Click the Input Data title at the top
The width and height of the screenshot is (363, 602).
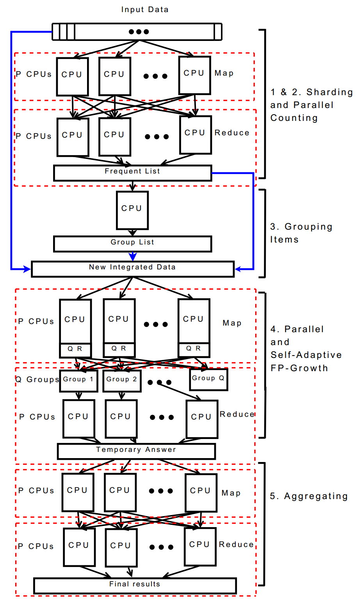[x=145, y=9]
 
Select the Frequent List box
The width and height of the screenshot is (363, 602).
[x=132, y=173]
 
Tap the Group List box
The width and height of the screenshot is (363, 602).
[x=132, y=244]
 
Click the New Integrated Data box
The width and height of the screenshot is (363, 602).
[x=132, y=269]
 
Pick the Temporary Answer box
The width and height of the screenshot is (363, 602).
[x=136, y=451]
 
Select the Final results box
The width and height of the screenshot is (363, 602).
[x=135, y=585]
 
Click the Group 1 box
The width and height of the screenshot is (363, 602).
[x=78, y=381]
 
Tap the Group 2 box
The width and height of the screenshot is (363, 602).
[x=122, y=381]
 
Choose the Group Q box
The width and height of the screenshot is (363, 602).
[x=208, y=379]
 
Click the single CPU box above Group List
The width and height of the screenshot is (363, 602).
[x=132, y=210]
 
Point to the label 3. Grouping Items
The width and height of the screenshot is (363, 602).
[x=301, y=233]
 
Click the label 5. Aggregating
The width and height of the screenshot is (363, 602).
[x=309, y=496]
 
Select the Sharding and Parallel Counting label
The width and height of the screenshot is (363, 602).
[x=311, y=105]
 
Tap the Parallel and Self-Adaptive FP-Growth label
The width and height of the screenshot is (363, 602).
[x=306, y=348]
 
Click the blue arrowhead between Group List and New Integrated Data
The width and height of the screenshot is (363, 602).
[x=133, y=257]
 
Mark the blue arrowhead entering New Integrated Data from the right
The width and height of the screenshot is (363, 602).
[x=238, y=269]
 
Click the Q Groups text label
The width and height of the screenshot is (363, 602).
[x=37, y=379]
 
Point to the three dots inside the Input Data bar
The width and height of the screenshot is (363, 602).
[x=139, y=32]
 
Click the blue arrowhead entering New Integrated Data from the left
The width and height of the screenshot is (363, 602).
[x=27, y=269]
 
